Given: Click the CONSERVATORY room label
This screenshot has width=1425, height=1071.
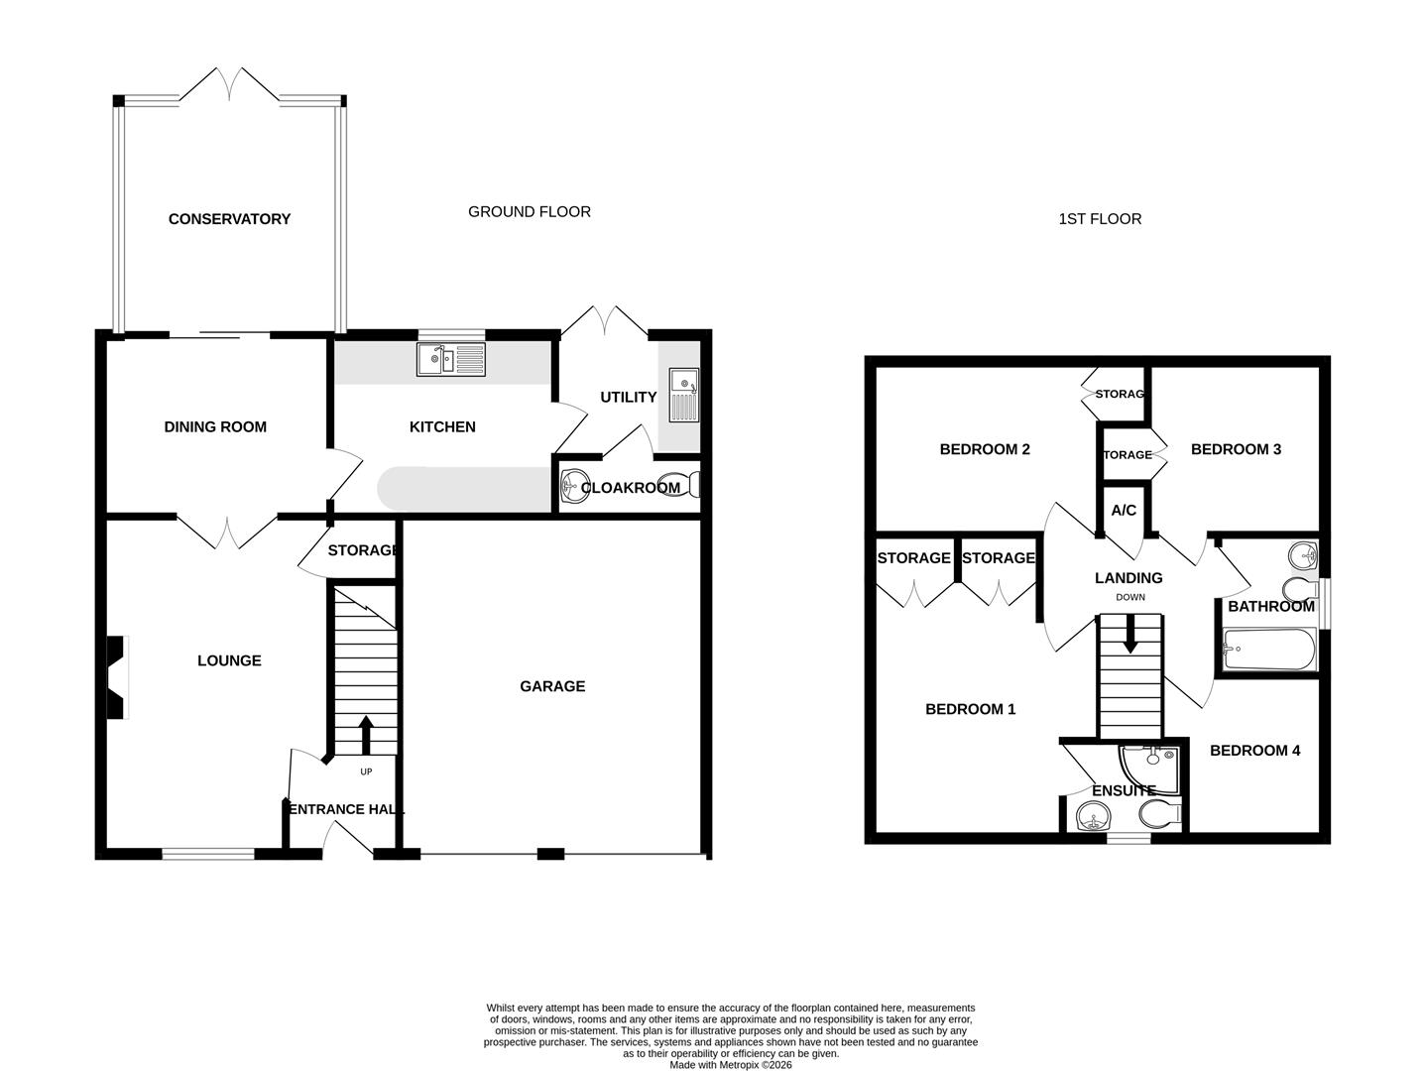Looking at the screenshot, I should tap(229, 219).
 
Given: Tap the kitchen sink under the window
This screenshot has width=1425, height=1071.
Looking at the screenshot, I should tap(452, 359).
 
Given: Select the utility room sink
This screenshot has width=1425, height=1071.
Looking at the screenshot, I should tap(684, 394).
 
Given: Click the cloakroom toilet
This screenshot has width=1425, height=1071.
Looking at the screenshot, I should tap(685, 486).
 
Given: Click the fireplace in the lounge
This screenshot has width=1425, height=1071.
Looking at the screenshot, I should tap(116, 677).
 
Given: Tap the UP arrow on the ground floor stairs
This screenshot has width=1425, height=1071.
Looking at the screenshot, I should tap(365, 736).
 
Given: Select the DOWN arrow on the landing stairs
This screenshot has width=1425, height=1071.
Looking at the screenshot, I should tap(1129, 635).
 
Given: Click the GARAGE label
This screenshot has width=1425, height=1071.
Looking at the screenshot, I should tap(552, 686).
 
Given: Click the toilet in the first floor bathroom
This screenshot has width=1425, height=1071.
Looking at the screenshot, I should tap(1296, 588).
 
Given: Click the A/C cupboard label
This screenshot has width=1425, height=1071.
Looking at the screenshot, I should tap(1124, 511).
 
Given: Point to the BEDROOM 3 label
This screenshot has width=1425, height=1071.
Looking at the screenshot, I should tap(1236, 449).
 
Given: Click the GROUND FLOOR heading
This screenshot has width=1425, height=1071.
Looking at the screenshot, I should tap(530, 212).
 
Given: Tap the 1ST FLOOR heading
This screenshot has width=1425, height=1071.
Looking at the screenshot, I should tap(1100, 219).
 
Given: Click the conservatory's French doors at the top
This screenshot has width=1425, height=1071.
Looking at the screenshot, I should tap(230, 83).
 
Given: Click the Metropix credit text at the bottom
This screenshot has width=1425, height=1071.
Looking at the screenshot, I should tap(731, 1065).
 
